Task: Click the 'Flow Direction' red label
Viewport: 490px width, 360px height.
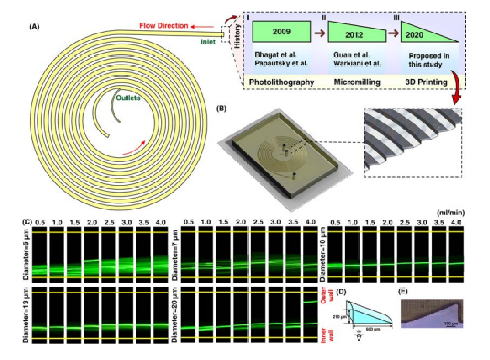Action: tap(164, 26)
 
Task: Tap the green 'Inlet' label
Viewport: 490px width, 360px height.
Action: tap(209, 41)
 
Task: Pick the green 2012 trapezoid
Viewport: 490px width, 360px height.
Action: tap(356, 34)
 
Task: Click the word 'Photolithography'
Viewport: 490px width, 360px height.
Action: tap(282, 82)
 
